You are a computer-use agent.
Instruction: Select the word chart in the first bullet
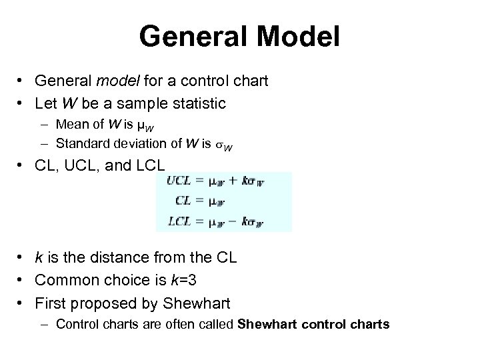[247, 82]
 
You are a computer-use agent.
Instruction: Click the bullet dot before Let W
[22, 105]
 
